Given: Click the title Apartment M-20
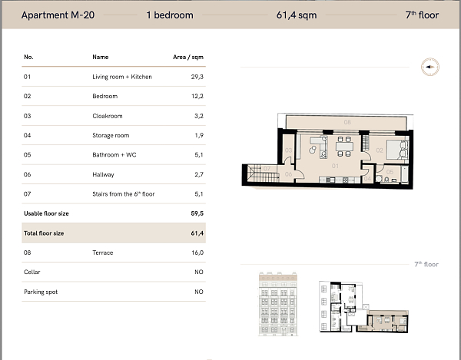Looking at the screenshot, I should click(58, 15).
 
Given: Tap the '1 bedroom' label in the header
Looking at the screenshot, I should click(169, 15).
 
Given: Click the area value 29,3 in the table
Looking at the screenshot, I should click(197, 77).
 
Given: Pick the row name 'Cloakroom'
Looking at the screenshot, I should click(108, 116).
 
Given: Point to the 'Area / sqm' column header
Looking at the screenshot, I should click(188, 57).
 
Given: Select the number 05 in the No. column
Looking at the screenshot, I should click(28, 155).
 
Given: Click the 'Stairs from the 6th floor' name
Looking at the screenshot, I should click(123, 194).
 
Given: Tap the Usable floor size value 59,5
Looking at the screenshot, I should click(197, 214).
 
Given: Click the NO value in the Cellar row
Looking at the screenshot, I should click(198, 272).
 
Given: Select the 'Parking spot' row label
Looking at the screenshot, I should click(41, 292).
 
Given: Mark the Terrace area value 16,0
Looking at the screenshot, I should click(197, 253).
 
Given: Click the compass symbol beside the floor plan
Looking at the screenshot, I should click(428, 68).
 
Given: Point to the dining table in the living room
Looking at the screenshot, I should click(343, 146).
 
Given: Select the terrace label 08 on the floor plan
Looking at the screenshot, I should click(347, 123).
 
